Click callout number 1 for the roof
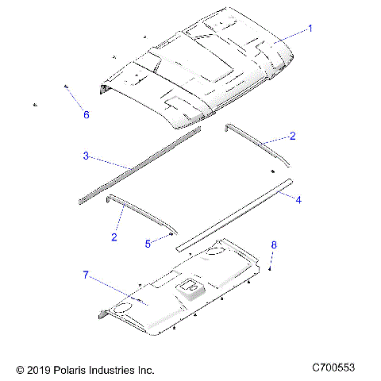click(x=310, y=28)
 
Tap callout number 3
click(x=86, y=156)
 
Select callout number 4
click(x=298, y=200)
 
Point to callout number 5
click(x=148, y=244)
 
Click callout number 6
click(x=87, y=115)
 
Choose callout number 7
click(x=85, y=275)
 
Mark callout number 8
click(x=275, y=246)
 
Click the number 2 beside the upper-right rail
click(x=292, y=137)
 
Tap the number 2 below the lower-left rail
click(x=114, y=237)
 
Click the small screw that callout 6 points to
click(x=65, y=87)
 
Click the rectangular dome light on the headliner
click(x=190, y=287)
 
